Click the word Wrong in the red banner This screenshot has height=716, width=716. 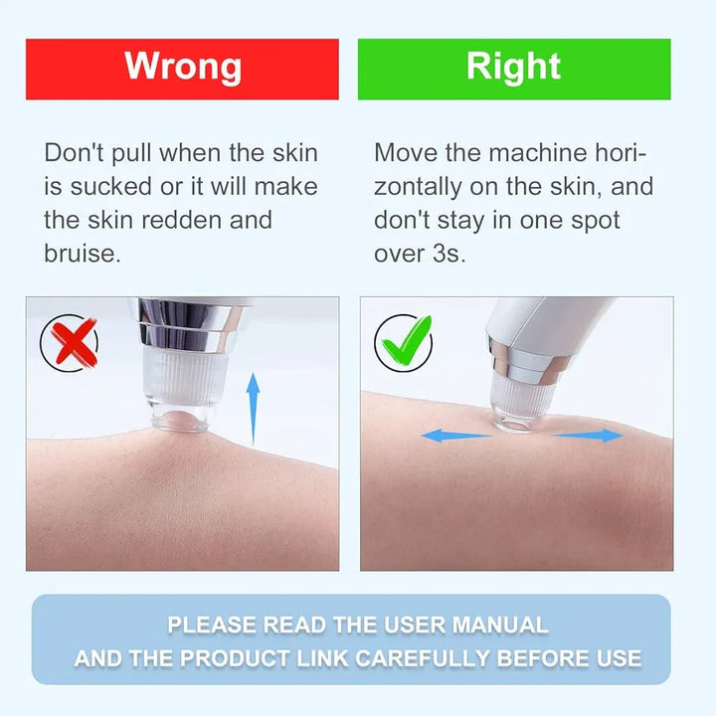[x=183, y=67]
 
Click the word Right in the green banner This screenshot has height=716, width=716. [x=513, y=67]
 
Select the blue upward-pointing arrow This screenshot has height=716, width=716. [x=253, y=409]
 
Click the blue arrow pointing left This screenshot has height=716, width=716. [x=455, y=436]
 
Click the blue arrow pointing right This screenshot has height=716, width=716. [x=589, y=436]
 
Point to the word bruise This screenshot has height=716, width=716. [x=83, y=254]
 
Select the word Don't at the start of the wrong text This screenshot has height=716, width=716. [x=75, y=152]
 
